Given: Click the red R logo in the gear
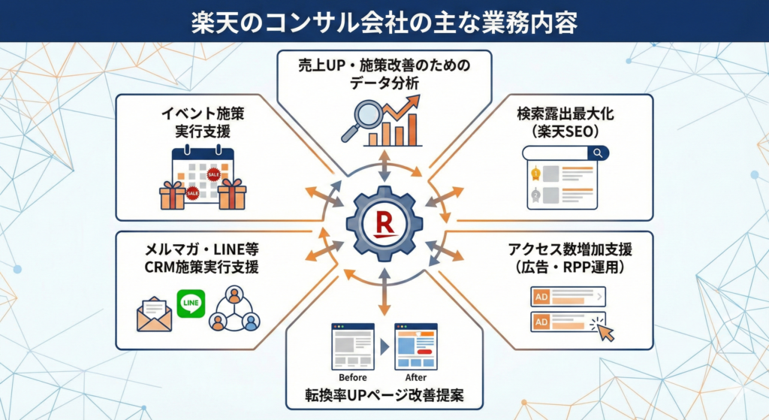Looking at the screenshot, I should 384,223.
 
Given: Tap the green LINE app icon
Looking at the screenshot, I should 191,304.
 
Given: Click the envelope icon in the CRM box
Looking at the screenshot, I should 155,313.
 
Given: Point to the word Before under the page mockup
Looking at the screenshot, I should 353,377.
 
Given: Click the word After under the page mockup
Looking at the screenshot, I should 415,377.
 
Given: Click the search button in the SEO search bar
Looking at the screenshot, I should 598,153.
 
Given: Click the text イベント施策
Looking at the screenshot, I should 197,114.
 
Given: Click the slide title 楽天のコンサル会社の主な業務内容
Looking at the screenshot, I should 384,21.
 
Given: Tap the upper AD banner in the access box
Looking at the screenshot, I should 568,297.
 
